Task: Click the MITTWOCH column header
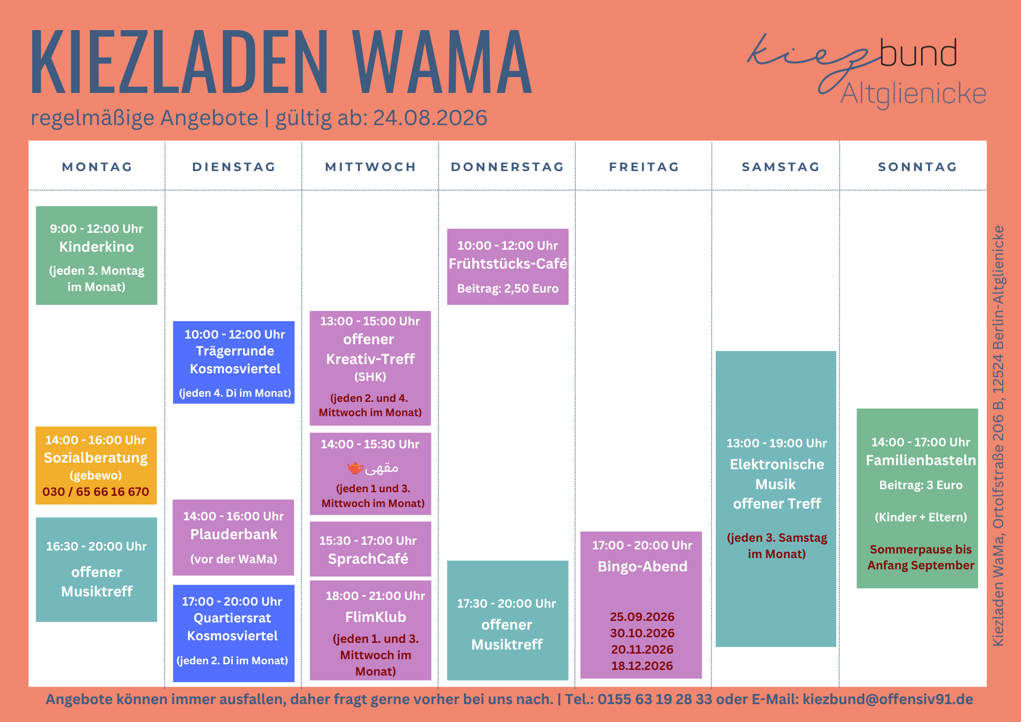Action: click(x=371, y=167)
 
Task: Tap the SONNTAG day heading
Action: click(x=917, y=167)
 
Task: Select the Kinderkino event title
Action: click(x=96, y=247)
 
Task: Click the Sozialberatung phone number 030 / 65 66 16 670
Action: click(x=96, y=492)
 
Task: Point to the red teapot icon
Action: click(x=355, y=467)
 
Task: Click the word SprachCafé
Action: click(x=368, y=559)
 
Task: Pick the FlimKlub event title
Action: click(x=376, y=617)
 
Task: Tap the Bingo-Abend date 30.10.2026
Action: click(x=642, y=633)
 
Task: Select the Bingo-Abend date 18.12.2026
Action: click(x=642, y=666)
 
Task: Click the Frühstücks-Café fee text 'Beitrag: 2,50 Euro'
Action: click(x=508, y=288)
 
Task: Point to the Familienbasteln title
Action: click(x=921, y=461)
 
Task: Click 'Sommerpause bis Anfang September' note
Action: click(x=921, y=557)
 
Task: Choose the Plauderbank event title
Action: click(x=234, y=535)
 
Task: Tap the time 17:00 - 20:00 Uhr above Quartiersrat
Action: click(x=232, y=601)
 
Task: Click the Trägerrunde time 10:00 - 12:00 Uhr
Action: click(x=235, y=334)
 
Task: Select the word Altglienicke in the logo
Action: click(x=913, y=94)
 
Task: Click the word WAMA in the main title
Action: click(x=443, y=62)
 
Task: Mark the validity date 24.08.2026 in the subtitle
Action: click(x=430, y=118)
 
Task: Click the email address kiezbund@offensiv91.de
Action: click(x=888, y=699)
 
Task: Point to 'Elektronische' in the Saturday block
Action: click(x=777, y=465)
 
